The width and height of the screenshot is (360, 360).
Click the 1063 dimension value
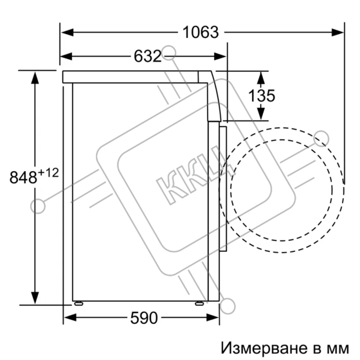(200, 32)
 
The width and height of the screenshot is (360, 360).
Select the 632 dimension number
(148, 56)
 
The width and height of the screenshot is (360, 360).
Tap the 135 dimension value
(262, 95)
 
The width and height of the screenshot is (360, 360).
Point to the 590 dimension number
(144, 318)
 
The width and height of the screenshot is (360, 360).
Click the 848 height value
(23, 177)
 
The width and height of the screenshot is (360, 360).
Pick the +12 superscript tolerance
(49, 173)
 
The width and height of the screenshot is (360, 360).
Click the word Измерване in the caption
(264, 348)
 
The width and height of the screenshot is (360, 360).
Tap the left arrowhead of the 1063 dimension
(67, 32)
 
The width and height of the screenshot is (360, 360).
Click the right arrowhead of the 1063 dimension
(338, 32)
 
